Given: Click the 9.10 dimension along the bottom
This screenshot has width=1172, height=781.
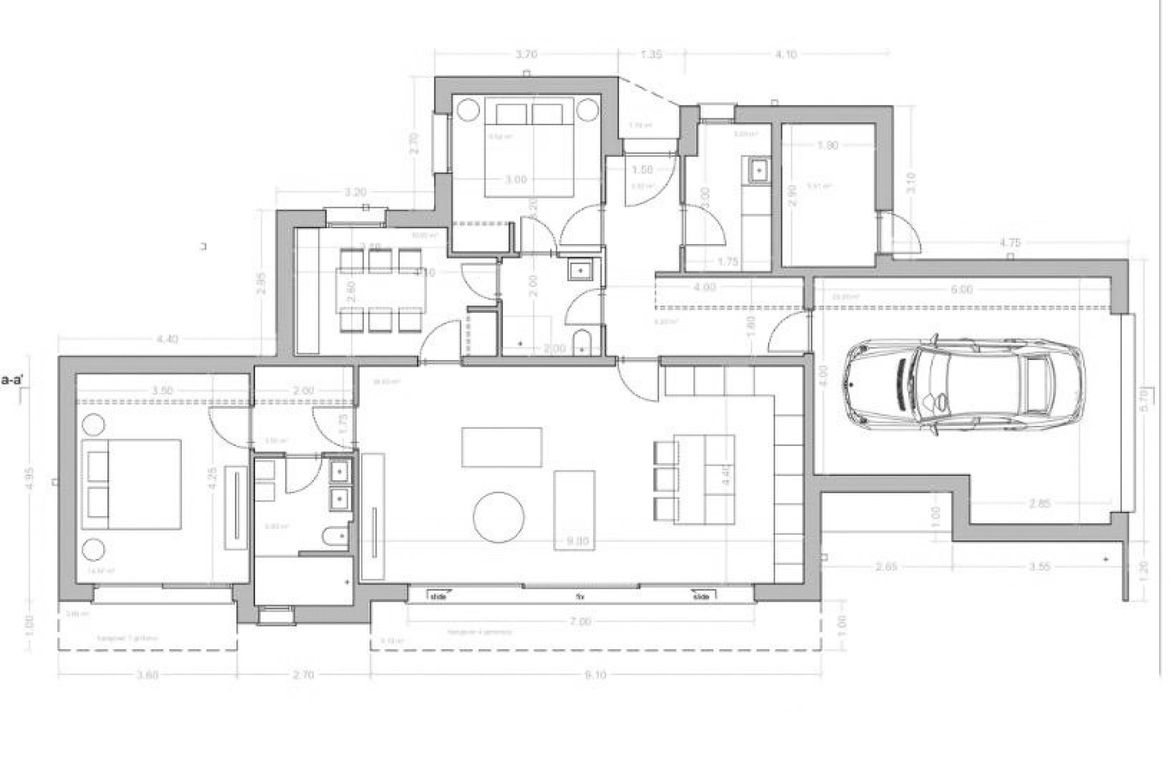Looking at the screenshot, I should click(x=595, y=675).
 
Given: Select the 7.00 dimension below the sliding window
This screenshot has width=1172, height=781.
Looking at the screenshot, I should click(x=580, y=622).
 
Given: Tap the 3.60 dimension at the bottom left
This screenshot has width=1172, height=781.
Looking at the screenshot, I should click(x=148, y=675).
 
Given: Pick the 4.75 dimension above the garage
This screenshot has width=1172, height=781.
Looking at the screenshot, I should click(x=1010, y=242).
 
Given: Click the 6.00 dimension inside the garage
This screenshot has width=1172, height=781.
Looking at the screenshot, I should click(x=961, y=289).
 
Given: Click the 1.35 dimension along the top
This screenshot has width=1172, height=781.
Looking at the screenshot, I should click(x=651, y=54).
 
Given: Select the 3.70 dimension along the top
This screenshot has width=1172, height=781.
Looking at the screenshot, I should click(x=526, y=54).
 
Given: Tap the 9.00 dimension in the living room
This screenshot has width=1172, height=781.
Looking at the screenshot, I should click(x=577, y=541).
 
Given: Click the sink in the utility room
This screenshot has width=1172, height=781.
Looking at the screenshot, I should click(x=759, y=170).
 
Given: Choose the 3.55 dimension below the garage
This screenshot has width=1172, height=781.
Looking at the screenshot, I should click(x=1039, y=566).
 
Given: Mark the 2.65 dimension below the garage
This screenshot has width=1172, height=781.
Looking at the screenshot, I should click(x=886, y=566).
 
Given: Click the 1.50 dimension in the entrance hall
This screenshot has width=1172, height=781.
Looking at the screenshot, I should click(x=642, y=170).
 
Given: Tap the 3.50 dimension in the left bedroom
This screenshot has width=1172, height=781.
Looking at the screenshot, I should click(x=162, y=390).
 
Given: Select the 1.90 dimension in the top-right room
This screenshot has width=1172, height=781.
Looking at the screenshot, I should click(x=827, y=145).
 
